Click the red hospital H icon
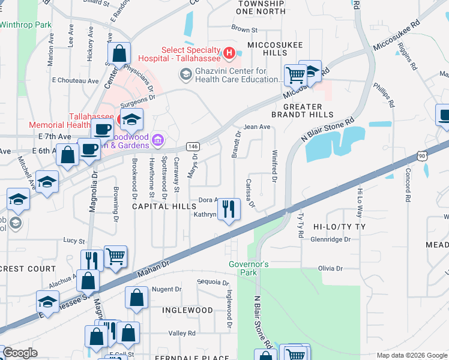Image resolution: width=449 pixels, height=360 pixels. point(228,54)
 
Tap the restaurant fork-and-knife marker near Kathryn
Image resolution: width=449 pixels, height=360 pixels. point(228,209)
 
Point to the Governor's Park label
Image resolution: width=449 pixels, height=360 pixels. point(249,268)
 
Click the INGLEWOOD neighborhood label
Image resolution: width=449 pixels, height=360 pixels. point(187,310)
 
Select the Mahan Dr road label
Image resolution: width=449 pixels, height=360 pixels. point(155,261)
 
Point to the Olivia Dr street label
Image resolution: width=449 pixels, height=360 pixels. point(331,268)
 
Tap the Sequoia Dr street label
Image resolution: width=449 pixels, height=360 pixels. point(213,283)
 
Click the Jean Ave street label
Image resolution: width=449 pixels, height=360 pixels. point(257,127)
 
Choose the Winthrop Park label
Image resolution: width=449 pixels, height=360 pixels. point(26,25)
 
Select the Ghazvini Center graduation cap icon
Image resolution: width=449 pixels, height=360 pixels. point(185,75)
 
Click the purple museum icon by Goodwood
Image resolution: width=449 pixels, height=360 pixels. point(158,140)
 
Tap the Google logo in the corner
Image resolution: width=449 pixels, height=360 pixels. point(21,353)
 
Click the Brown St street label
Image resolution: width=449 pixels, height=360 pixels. point(244,29)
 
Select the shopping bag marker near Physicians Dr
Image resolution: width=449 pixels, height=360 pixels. point(119,53)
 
